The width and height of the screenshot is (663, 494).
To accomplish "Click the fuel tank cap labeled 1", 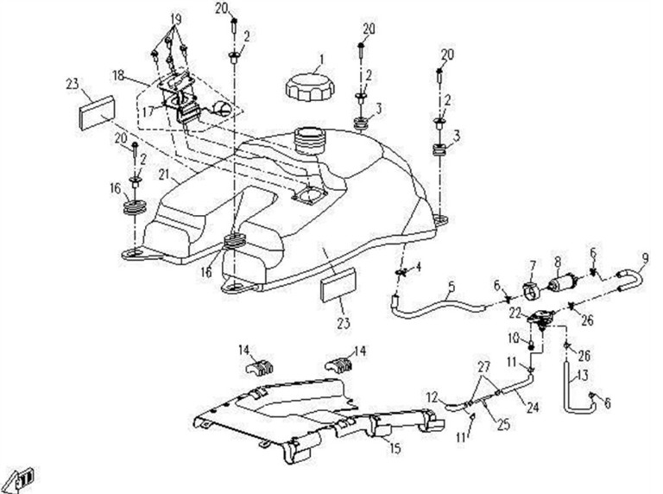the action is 310,86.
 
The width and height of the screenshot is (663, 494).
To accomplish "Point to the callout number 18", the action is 118,76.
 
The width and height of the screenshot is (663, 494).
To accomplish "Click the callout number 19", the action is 176,19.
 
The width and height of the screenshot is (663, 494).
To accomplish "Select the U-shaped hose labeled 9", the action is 631,281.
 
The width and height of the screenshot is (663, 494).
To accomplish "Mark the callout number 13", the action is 582,374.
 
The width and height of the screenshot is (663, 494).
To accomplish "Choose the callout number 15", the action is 395,448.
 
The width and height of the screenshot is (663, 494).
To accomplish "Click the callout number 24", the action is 533,408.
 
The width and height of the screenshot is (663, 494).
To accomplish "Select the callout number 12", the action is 432,397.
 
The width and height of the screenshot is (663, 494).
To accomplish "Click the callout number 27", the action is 483,366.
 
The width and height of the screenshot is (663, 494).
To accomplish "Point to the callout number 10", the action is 513,338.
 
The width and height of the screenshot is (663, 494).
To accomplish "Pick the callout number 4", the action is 418,267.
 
